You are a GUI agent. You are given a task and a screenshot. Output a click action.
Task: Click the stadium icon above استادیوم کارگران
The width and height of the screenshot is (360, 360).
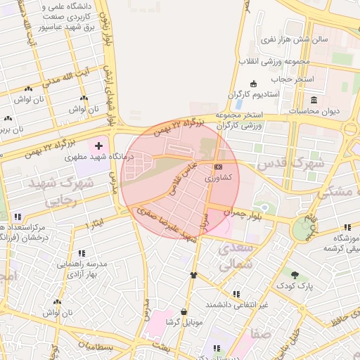[x=253, y=84]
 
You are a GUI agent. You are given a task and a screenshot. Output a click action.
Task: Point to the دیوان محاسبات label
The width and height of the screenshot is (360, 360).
[x=314, y=111]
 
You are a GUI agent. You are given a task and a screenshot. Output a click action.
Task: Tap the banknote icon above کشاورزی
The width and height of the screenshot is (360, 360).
[x=218, y=167]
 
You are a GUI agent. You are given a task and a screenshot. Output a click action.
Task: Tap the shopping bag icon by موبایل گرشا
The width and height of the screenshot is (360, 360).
[x=184, y=311]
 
